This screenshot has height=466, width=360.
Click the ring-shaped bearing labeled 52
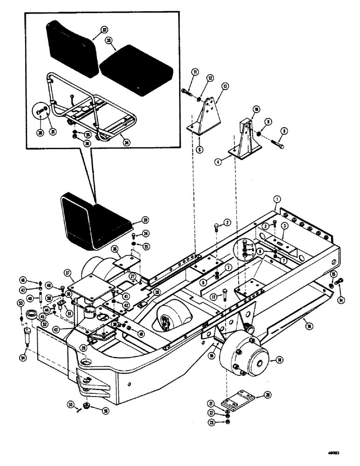[33, 314]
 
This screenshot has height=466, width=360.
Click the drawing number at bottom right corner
[335, 452]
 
